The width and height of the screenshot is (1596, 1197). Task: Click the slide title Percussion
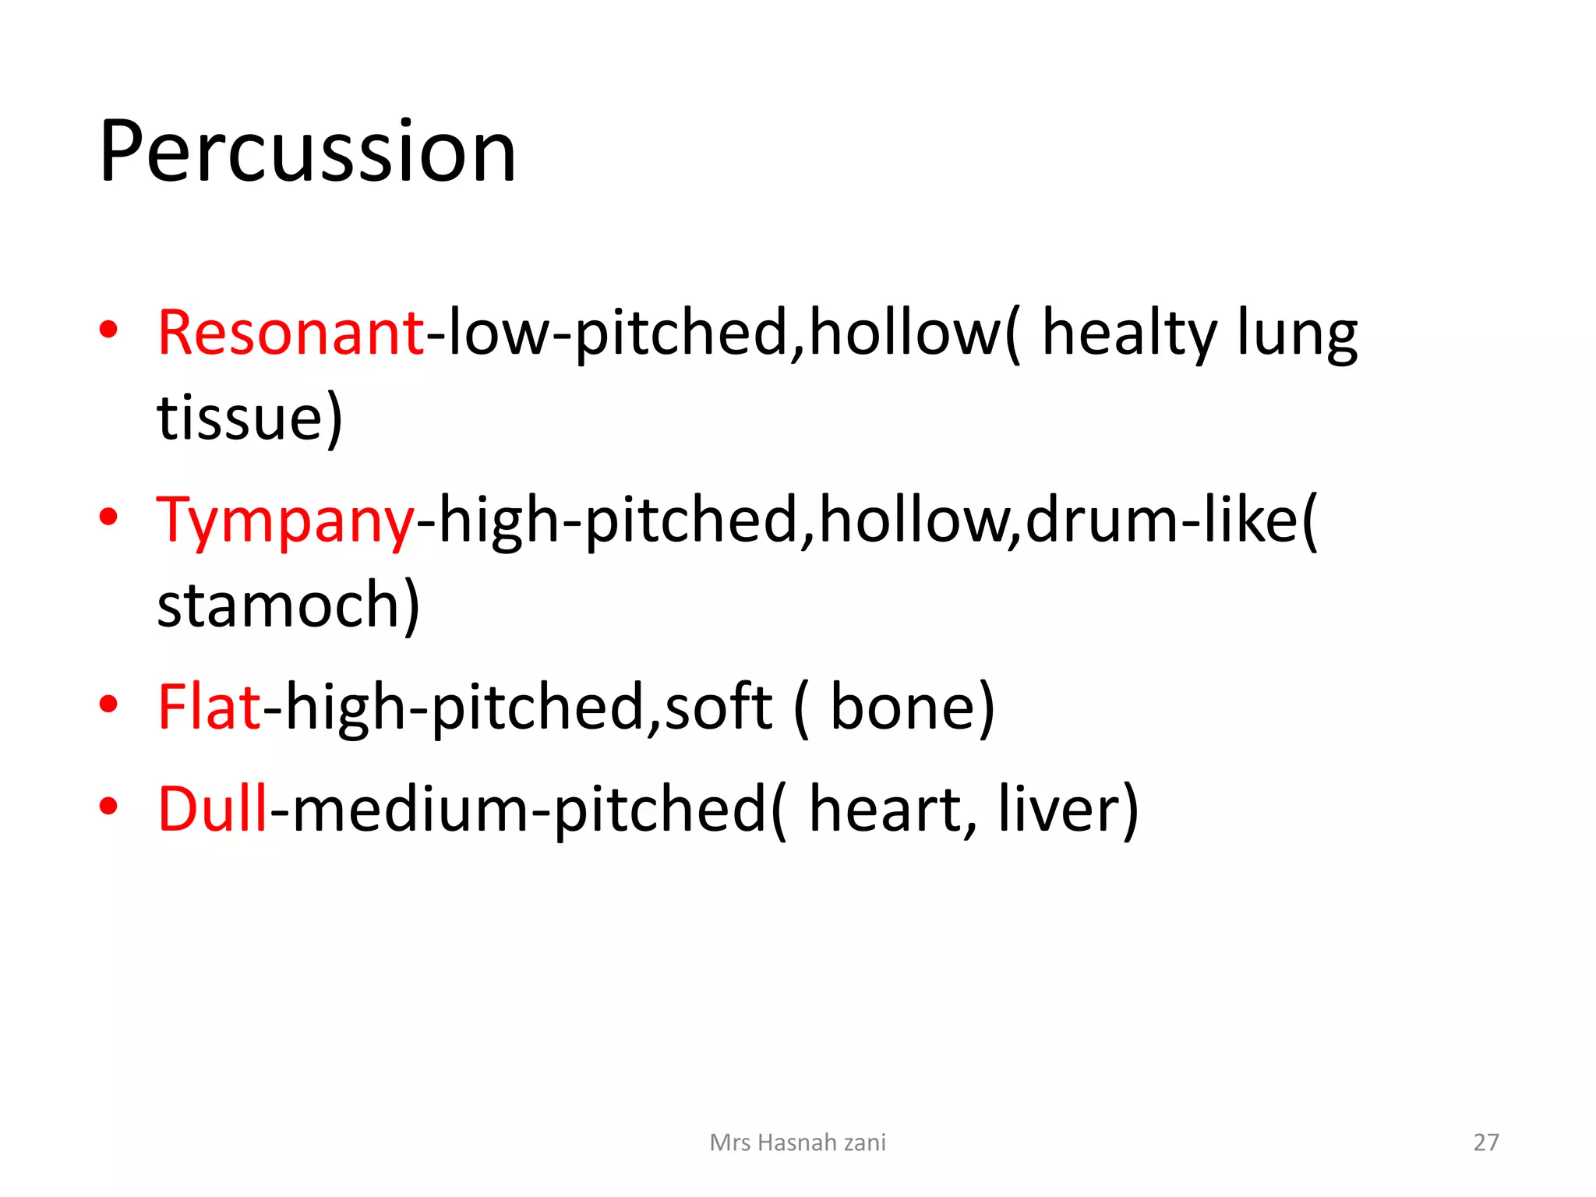coord(308,152)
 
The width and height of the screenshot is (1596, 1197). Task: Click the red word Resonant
coord(290,333)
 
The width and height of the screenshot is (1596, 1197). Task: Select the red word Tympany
coord(285,521)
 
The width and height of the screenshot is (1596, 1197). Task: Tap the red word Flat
coord(208,707)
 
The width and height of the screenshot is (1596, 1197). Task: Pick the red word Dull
coord(213,809)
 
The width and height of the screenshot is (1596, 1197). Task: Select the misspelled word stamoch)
coord(288,606)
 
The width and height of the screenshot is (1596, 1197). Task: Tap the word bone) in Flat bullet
coord(912,707)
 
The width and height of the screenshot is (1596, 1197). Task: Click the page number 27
coord(1485,1142)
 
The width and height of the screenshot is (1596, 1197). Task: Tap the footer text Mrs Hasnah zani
coord(797,1142)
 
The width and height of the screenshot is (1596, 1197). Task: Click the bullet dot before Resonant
coord(108,330)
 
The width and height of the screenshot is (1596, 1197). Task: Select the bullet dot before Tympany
coord(108,517)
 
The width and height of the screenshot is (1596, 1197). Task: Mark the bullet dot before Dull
coord(108,806)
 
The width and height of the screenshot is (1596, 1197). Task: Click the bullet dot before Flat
coord(108,704)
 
